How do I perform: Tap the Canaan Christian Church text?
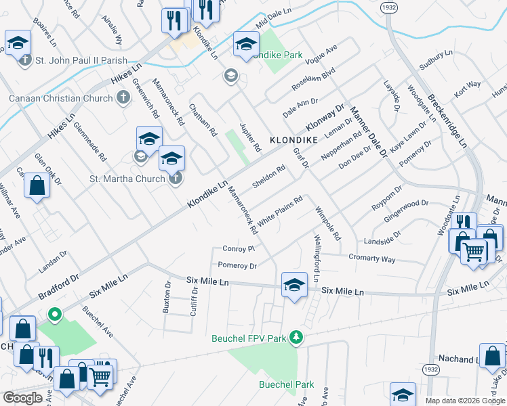click(60, 99)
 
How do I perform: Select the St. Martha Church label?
click(127, 179)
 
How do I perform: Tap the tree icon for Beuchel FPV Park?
click(296, 336)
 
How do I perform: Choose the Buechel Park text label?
click(287, 384)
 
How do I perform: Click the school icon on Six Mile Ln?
click(293, 285)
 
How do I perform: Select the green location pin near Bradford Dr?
click(56, 315)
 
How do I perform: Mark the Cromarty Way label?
click(371, 258)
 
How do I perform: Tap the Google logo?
click(23, 398)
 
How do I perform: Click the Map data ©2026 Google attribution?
click(464, 401)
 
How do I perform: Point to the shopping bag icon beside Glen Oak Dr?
click(37, 185)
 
